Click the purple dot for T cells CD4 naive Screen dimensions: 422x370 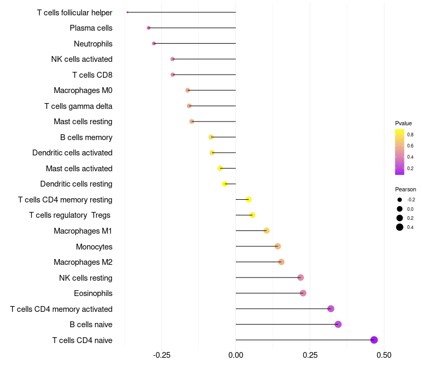(374, 340)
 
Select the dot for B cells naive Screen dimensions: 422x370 (338, 324)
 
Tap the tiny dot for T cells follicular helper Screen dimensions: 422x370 (127, 12)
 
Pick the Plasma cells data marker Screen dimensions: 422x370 (149, 28)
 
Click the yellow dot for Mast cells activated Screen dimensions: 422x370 (220, 168)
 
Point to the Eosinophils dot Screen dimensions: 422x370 (303, 293)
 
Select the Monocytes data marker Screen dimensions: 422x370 (278, 246)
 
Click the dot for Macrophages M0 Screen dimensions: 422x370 (188, 90)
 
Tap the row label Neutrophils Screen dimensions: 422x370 (93, 44)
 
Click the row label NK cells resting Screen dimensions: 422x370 (85, 278)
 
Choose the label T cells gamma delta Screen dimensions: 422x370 (78, 106)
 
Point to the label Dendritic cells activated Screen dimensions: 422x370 (72, 153)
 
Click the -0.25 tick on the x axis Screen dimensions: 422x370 (161, 355)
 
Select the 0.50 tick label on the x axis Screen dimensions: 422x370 (384, 355)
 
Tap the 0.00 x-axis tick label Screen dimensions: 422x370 (236, 355)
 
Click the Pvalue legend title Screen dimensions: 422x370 (404, 123)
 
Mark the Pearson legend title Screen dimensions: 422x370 (406, 189)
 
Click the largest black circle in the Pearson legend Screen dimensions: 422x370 (400, 227)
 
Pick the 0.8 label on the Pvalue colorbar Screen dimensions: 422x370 (410, 135)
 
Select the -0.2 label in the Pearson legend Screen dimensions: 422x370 (411, 200)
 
